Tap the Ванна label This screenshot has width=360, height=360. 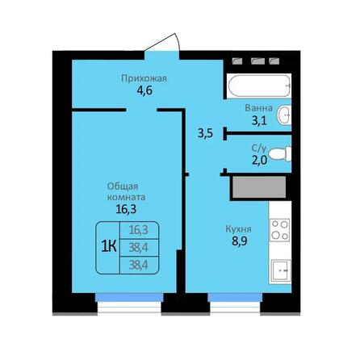pyautogui.click(x=258, y=108)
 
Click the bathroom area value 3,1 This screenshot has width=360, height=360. pyautogui.click(x=258, y=121)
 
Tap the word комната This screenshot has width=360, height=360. pyautogui.click(x=125, y=196)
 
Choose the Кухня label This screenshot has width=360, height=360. pyautogui.click(x=238, y=228)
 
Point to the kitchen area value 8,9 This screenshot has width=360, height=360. pyautogui.click(x=238, y=241)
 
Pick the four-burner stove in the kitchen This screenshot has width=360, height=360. pyautogui.click(x=280, y=229)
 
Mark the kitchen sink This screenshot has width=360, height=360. pyautogui.click(x=281, y=270)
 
